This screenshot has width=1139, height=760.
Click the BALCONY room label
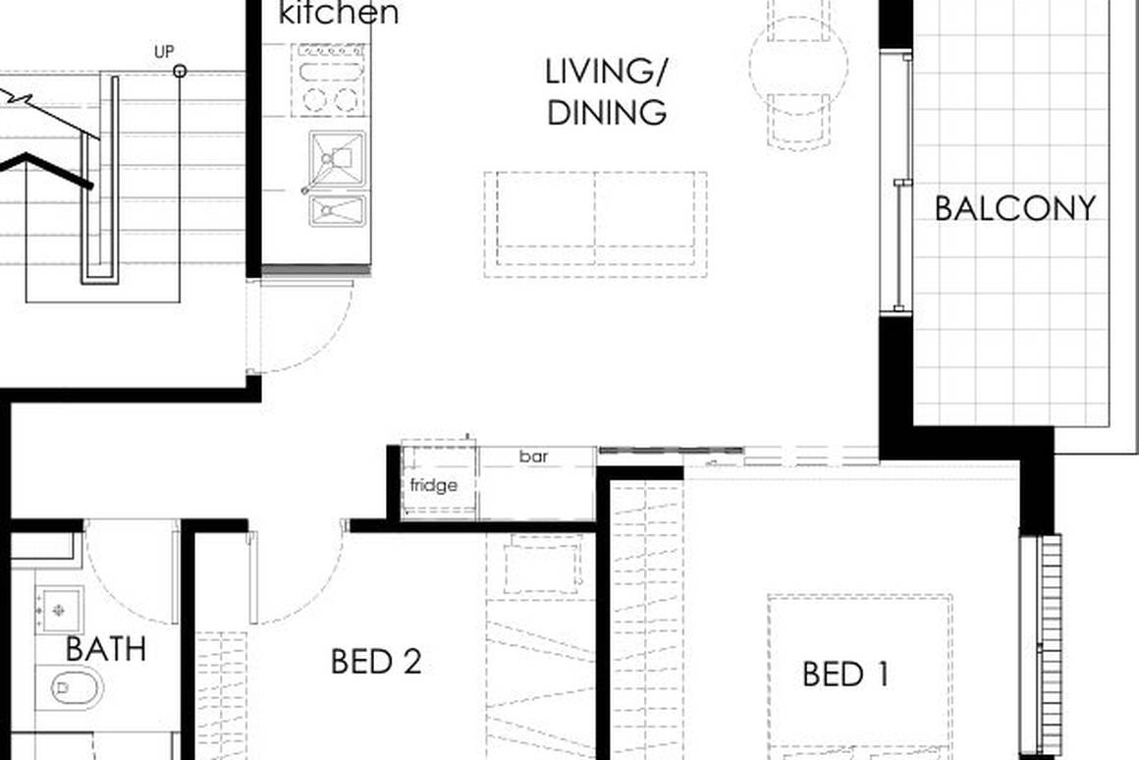click(1014, 208)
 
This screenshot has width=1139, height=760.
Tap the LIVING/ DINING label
click(607, 91)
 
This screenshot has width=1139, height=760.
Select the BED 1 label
click(845, 675)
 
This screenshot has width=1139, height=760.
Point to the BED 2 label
click(376, 661)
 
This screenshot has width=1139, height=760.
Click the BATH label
click(106, 648)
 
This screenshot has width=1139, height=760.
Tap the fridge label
click(433, 485)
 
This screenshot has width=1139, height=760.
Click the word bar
click(533, 457)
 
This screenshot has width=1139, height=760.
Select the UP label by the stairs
click(164, 50)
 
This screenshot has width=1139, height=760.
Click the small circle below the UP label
click(180, 71)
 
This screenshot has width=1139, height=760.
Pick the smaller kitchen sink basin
click(337, 209)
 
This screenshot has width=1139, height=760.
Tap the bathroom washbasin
click(59, 610)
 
